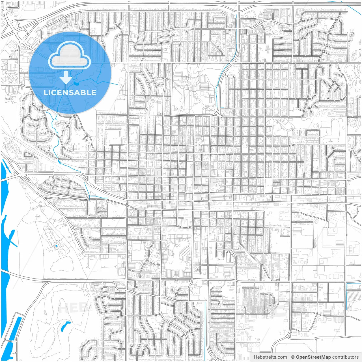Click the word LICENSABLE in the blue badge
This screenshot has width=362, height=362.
[x=70, y=92]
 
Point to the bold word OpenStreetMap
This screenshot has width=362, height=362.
[x=313, y=357]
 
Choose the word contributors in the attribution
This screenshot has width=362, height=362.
[x=345, y=357]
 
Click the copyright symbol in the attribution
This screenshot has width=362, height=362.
[x=293, y=357]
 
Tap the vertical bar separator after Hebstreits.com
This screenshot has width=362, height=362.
[x=289, y=357]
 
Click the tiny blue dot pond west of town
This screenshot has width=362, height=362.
[x=56, y=246]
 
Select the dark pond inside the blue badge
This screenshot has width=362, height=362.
[x=76, y=84]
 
